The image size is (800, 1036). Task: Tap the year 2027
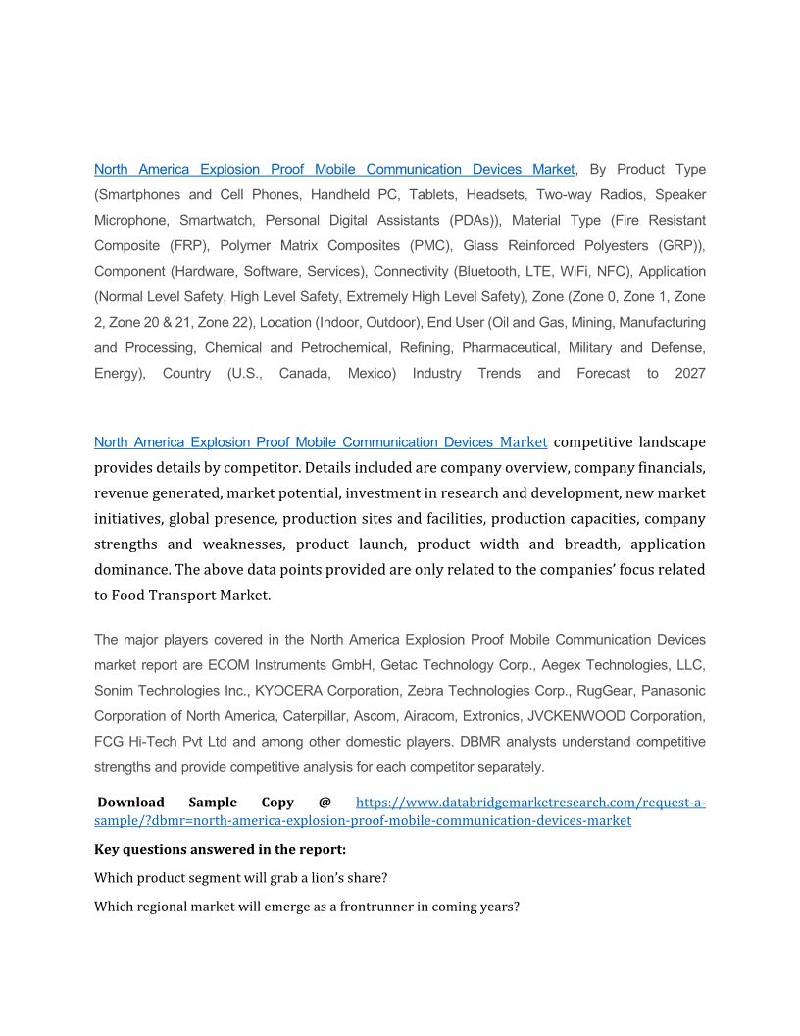(x=689, y=374)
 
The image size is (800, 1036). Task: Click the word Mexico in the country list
(x=372, y=374)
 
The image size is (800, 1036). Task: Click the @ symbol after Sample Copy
(x=325, y=803)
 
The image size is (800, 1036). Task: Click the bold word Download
(x=130, y=803)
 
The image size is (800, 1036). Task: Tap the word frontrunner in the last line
(x=376, y=907)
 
